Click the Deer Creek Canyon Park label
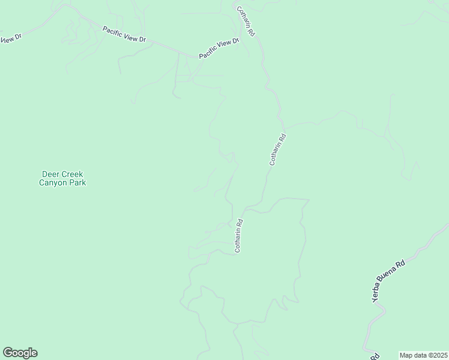point(62,178)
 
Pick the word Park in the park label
point(77,182)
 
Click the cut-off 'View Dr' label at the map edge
point(10,39)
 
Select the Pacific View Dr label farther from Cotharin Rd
point(124,34)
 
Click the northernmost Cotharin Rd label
point(246,22)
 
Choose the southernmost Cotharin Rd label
point(238,235)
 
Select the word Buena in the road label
point(390,277)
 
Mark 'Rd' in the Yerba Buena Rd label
point(401,264)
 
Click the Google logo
point(20,353)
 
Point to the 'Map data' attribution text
point(413,355)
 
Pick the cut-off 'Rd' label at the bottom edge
point(375,356)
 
